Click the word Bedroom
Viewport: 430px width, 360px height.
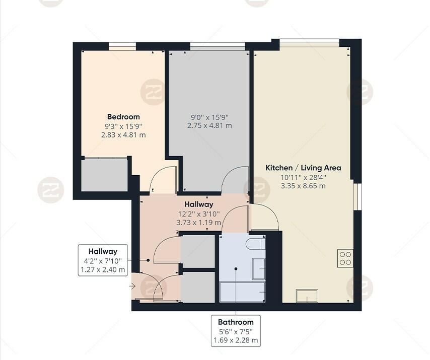point(123,117)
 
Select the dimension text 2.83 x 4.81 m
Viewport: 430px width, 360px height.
point(123,135)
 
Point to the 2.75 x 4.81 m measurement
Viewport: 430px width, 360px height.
point(209,126)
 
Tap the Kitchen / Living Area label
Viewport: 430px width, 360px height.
point(303,168)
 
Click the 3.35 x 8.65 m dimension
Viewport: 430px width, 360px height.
point(303,186)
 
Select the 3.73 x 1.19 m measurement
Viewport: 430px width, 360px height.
point(198,222)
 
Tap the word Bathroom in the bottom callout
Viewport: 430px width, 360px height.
point(236,322)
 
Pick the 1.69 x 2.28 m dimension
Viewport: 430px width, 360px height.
point(236,340)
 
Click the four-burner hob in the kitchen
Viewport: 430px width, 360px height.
point(345,258)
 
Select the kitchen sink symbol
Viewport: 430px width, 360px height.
point(307,296)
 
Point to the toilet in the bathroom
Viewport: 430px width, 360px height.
point(256,244)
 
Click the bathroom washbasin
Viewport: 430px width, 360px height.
point(258,268)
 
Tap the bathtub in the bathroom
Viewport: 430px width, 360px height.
point(243,292)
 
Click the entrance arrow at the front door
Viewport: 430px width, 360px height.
point(132,286)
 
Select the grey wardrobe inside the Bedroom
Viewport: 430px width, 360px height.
point(105,175)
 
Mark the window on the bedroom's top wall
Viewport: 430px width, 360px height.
point(122,47)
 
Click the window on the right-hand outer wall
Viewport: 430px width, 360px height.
point(357,196)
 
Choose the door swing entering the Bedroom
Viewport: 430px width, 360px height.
point(163,180)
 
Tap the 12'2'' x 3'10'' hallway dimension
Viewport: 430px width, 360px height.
point(198,213)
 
